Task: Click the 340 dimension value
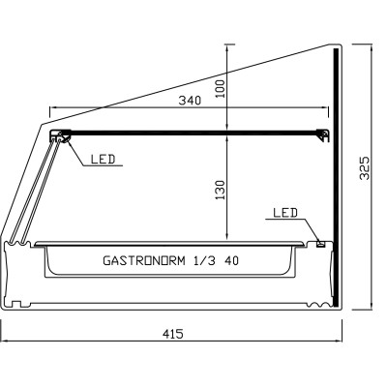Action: [x=189, y=101]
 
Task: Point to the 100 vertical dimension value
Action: [x=220, y=89]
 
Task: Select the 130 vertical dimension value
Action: [x=220, y=191]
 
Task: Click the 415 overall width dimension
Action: [x=172, y=333]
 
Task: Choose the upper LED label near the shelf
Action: [x=103, y=159]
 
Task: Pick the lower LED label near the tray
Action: [x=284, y=212]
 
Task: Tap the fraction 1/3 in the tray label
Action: [x=204, y=260]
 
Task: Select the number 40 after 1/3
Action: [x=232, y=260]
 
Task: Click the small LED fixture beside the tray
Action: [x=320, y=242]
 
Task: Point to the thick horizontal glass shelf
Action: [x=193, y=133]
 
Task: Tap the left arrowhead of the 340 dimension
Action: [x=52, y=108]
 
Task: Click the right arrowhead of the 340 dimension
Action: [x=326, y=108]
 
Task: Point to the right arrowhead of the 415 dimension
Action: [x=342, y=342]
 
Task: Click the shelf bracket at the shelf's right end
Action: [x=322, y=134]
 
